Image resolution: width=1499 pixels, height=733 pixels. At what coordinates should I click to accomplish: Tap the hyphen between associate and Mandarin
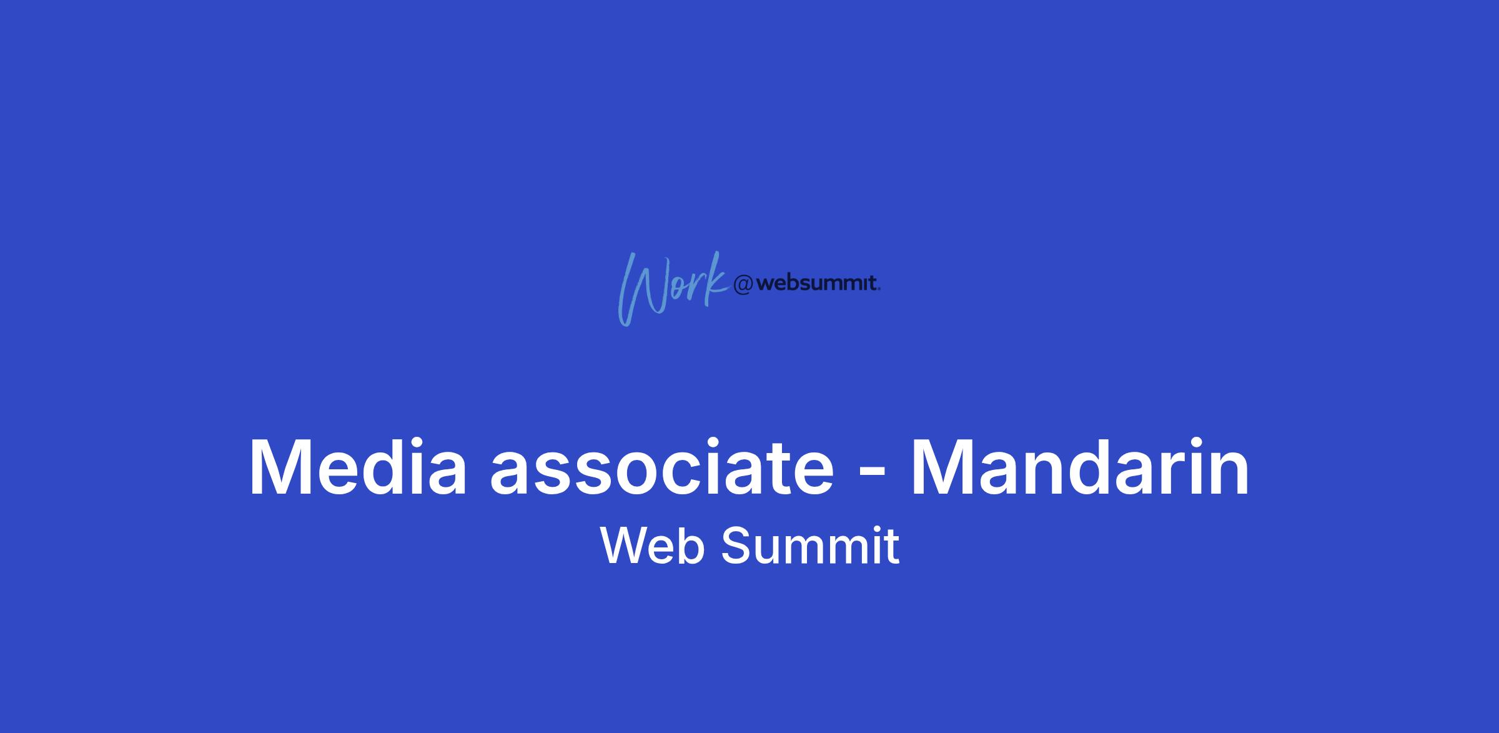[x=872, y=475]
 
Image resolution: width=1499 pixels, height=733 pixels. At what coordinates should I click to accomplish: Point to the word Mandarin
[x=1080, y=467]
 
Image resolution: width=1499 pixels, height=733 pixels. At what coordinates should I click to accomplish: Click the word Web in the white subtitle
[x=653, y=546]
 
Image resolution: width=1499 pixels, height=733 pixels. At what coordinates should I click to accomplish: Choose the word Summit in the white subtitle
[x=810, y=546]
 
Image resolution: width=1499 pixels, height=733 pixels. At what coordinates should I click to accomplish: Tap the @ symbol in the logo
[x=743, y=285]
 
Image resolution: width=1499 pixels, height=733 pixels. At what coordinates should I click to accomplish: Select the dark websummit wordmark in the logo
[x=818, y=284]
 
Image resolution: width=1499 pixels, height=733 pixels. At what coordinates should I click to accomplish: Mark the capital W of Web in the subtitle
[x=627, y=546]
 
